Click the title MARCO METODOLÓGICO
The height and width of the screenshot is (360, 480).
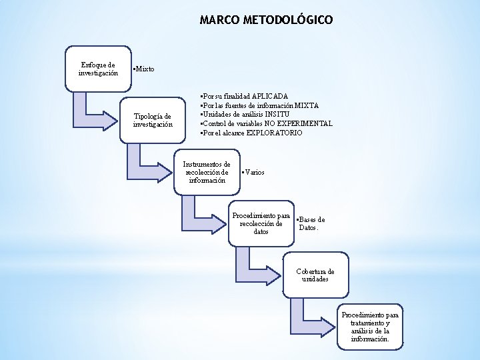(x=266, y=21)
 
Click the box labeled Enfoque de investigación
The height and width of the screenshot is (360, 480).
(x=98, y=68)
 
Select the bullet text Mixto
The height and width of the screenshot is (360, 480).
(x=144, y=69)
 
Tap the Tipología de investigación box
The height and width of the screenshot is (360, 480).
(x=153, y=119)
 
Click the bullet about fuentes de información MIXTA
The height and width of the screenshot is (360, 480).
(x=260, y=105)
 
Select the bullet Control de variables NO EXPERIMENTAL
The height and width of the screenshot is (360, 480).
(x=267, y=123)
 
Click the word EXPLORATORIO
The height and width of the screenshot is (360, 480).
(x=274, y=133)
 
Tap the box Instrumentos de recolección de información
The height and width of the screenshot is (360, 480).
(x=207, y=172)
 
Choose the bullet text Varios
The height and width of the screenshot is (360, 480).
(x=253, y=172)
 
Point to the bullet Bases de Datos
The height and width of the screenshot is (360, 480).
(x=310, y=223)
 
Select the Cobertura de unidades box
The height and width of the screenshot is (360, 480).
(x=315, y=275)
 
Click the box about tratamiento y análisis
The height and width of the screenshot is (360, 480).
(x=370, y=327)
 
